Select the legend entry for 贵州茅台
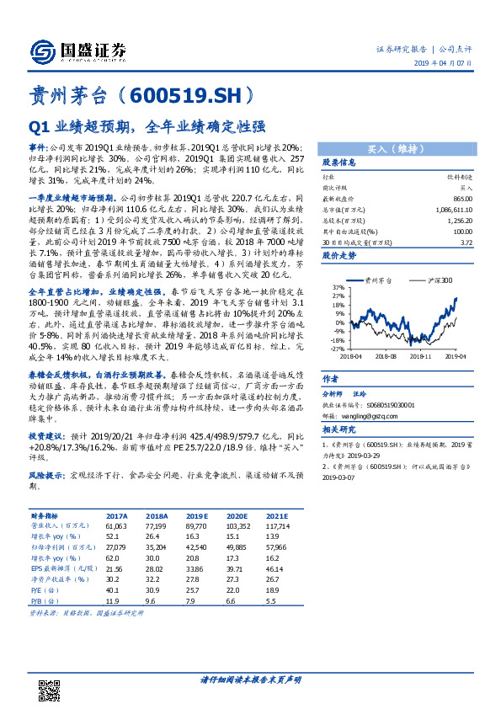point(376,279)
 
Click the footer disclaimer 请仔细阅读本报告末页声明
point(250,679)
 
